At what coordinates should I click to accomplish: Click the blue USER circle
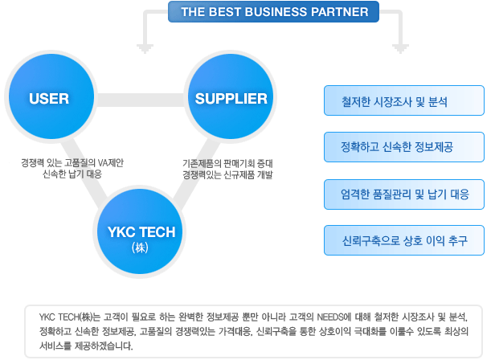[x=51, y=96]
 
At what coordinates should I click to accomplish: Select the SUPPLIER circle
[x=231, y=96]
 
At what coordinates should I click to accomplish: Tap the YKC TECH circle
[x=140, y=231]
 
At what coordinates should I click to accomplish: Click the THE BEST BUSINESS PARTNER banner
[x=273, y=12]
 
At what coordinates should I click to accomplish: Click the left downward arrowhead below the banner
[x=145, y=49]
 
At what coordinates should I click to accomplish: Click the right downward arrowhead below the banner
[x=400, y=49]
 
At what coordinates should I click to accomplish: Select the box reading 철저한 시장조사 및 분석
[x=404, y=100]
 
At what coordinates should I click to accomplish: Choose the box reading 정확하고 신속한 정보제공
[x=404, y=147]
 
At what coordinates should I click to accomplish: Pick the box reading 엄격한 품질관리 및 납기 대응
[x=404, y=194]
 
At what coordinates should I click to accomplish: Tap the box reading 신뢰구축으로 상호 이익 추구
[x=404, y=240]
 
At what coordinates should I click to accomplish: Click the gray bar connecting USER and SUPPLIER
[x=141, y=100]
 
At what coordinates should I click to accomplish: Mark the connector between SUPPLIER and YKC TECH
[x=196, y=174]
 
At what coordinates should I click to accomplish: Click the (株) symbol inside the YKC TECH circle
[x=140, y=247]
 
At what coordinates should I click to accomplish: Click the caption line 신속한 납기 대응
[x=72, y=174]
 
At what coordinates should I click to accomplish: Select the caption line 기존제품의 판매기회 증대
[x=227, y=164]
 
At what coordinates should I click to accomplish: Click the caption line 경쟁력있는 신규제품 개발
[x=227, y=174]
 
